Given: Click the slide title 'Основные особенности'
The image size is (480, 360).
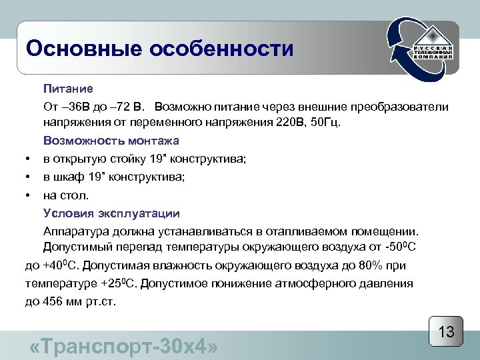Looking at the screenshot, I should (x=159, y=49).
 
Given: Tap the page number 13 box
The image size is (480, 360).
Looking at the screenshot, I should (x=446, y=331).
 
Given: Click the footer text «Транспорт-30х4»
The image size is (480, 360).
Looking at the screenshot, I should (x=124, y=347).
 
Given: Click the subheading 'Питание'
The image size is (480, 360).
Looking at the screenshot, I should (x=68, y=89).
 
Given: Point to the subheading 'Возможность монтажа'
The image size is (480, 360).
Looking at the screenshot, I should (x=111, y=141).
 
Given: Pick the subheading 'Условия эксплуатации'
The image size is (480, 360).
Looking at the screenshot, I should (x=111, y=213).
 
